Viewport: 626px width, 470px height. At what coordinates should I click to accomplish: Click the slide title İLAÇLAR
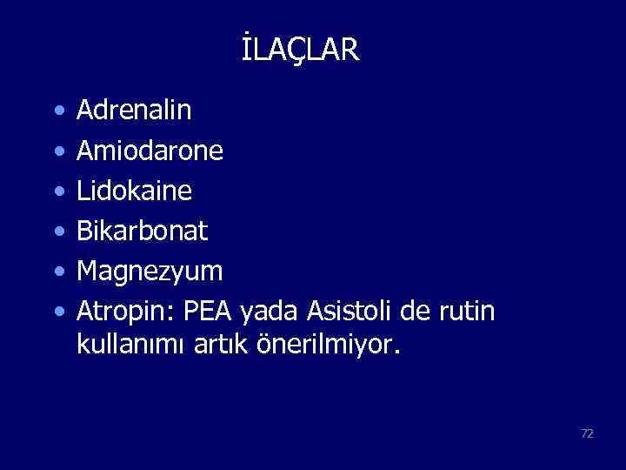[300, 50]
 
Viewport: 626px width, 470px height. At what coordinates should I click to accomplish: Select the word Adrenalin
[135, 111]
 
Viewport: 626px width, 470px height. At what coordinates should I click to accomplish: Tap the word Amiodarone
[150, 151]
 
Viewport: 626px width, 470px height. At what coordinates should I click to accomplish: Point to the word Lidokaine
[135, 191]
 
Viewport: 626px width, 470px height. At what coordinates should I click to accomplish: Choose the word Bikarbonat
[143, 232]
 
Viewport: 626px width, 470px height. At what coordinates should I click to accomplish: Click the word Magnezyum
[150, 272]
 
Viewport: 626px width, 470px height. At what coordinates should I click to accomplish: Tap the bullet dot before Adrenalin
[57, 111]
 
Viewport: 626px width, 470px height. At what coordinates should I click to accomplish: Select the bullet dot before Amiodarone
[57, 152]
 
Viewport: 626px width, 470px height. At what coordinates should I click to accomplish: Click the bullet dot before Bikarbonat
[57, 232]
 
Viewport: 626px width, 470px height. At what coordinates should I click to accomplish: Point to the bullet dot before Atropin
[57, 312]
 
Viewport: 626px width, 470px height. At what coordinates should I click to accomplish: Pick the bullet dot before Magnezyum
[57, 272]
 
